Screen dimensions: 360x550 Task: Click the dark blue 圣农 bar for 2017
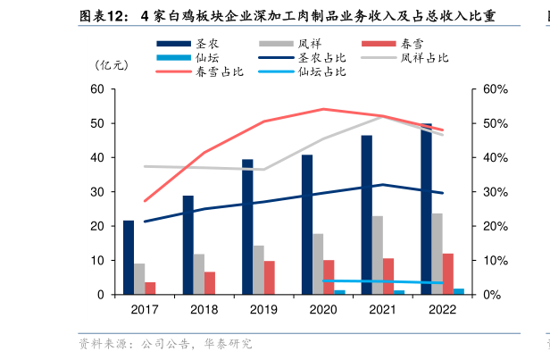129,257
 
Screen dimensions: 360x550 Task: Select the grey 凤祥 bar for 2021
378,255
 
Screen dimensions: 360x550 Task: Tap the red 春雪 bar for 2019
270,277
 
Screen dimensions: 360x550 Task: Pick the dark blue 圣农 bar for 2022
426,209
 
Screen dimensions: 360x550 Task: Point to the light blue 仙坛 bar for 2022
459,291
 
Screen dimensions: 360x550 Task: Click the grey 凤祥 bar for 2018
199,274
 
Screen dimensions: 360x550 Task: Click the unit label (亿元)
112,64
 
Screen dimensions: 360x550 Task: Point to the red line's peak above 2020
323,109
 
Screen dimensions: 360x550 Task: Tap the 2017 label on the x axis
144,310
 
